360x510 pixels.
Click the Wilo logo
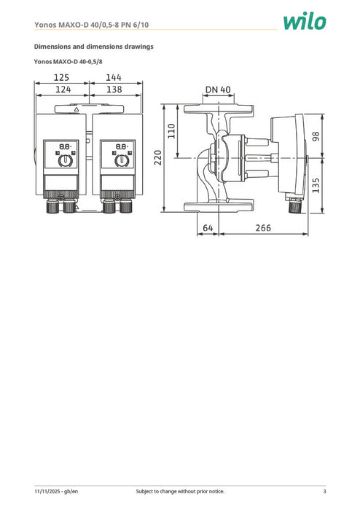tap(305, 22)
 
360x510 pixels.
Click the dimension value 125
tap(62, 76)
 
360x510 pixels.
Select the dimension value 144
tap(114, 76)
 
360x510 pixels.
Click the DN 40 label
tap(218, 90)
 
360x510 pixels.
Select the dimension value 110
tap(172, 131)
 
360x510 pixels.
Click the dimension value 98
tap(316, 137)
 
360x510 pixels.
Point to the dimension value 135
tap(316, 185)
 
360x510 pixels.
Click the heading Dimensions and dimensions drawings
tap(94, 47)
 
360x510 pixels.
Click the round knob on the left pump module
tap(64, 160)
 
